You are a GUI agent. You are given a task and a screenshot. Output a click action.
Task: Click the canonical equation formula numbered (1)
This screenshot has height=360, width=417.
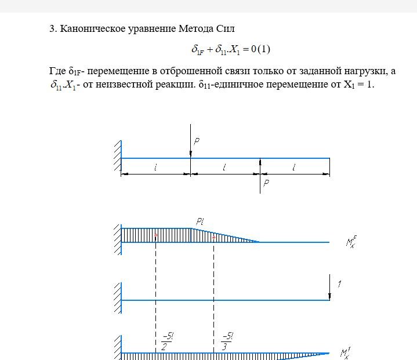231,49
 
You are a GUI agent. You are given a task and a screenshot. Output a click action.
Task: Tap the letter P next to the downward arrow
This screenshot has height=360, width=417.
197,141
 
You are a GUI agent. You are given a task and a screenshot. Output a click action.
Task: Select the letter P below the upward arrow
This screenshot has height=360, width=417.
266,183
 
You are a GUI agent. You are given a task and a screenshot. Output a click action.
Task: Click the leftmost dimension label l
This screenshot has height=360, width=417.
155,168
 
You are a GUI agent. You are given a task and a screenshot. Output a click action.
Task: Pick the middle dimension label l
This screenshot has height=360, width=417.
224,168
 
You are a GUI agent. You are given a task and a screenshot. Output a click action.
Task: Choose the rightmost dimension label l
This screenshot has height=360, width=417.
294,168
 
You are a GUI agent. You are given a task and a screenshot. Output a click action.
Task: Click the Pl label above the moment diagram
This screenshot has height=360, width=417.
201,221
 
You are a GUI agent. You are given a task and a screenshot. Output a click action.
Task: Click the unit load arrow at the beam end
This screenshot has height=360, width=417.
329,289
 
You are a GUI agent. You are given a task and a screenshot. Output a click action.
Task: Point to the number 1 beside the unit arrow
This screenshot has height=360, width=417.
339,285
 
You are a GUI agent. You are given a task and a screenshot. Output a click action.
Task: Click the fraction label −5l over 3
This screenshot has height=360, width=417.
227,341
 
